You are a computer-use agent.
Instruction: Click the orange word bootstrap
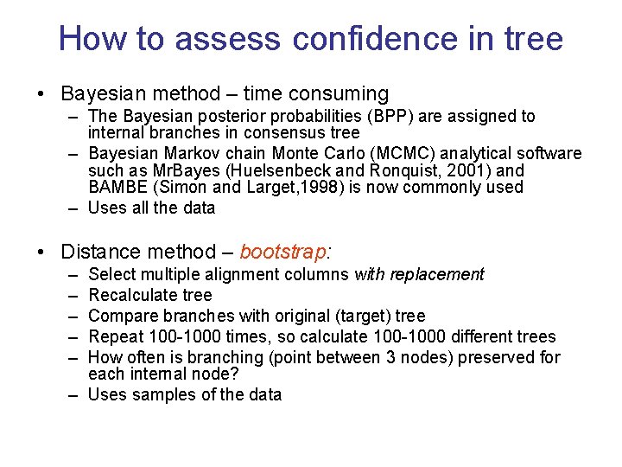(x=283, y=253)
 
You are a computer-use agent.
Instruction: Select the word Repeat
(x=116, y=336)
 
